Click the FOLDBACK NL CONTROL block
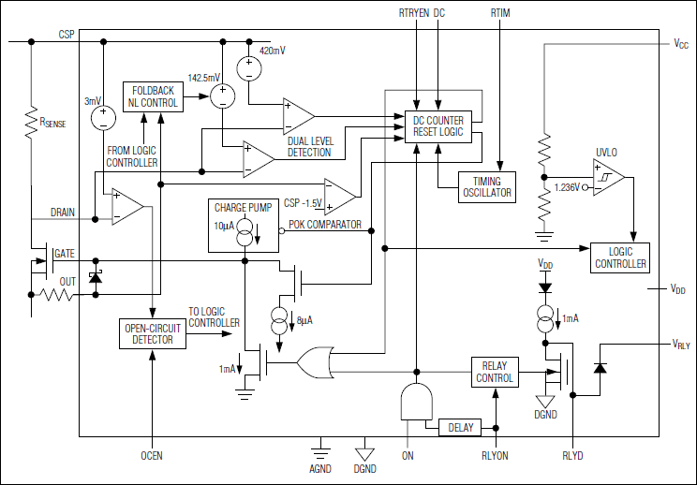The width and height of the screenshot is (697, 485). [150, 96]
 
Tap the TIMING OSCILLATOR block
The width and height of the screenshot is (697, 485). [486, 186]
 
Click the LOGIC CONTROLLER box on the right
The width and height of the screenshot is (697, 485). [621, 257]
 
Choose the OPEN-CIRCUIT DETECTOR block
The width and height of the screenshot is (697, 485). [153, 332]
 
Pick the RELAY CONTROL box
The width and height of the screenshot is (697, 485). [495, 372]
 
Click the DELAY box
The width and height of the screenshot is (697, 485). [460, 428]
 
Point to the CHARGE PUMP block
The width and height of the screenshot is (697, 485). [243, 226]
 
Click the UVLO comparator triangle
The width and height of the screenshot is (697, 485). [609, 178]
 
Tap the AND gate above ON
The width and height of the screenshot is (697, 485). [413, 402]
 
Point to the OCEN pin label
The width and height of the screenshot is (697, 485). [152, 456]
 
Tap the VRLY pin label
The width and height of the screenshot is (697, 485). [681, 345]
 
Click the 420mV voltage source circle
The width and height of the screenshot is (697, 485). [248, 68]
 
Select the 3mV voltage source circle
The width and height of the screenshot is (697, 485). [100, 118]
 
